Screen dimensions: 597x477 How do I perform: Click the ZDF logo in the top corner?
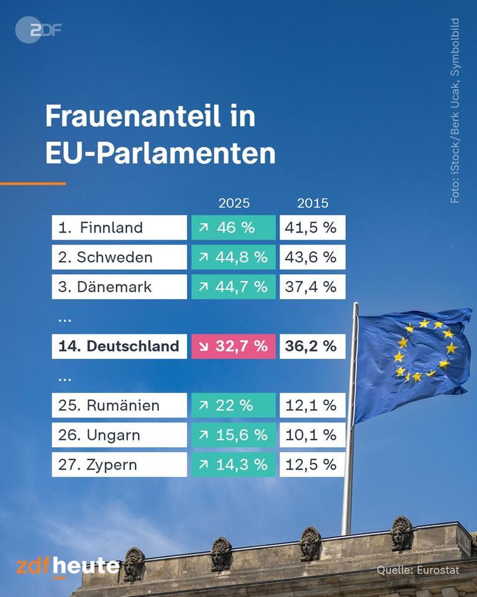click(38, 29)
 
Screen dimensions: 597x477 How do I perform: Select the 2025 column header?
click(234, 203)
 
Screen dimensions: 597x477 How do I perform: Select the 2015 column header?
click(312, 203)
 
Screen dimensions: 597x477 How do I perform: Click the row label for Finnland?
click(119, 228)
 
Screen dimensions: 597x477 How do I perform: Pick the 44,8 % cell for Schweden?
click(234, 257)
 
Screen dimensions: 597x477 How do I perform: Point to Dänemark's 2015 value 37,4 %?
click(312, 287)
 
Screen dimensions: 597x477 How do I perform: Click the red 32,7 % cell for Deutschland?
click(234, 346)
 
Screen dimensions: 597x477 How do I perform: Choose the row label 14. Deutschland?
click(119, 346)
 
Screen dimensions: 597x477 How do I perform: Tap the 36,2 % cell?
click(312, 346)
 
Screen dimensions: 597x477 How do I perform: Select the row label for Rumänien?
click(119, 405)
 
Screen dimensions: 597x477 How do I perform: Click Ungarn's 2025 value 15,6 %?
click(234, 435)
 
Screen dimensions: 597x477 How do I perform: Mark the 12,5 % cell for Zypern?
click(312, 465)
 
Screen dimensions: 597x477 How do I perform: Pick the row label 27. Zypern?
click(119, 465)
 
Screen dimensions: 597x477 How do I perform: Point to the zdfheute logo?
click(68, 567)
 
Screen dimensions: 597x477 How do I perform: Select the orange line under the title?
click(33, 183)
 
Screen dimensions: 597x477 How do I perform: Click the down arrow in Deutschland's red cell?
click(203, 347)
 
